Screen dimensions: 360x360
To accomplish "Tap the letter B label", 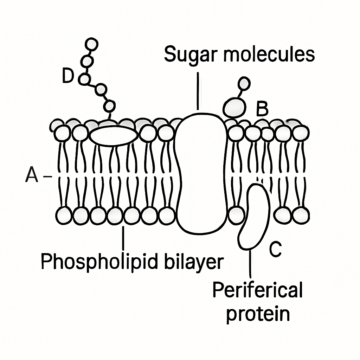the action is click(x=262, y=108).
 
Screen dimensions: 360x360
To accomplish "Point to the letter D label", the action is click(x=68, y=76).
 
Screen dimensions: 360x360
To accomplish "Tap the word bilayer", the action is click(x=194, y=262).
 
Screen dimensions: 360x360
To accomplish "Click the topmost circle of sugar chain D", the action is click(x=91, y=44).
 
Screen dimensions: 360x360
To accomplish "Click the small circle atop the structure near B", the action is click(x=244, y=83).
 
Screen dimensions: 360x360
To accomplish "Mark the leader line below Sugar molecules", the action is click(x=198, y=91).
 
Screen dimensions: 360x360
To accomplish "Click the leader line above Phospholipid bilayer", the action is click(x=123, y=238).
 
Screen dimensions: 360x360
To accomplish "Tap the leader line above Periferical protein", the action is click(x=250, y=264).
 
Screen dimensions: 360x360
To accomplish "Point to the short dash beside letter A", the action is click(x=47, y=176).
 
